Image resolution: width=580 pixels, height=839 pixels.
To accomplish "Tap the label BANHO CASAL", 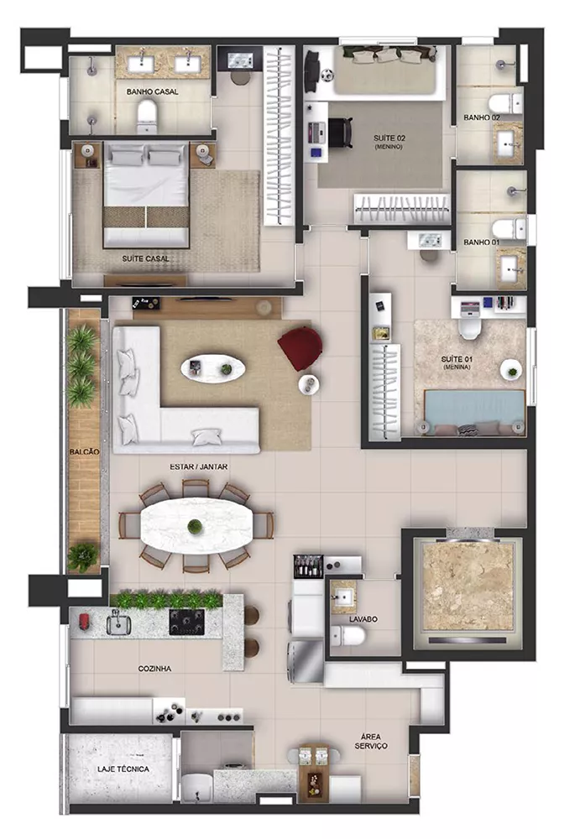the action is [153, 92].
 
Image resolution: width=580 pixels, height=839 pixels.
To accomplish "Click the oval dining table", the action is [196, 526].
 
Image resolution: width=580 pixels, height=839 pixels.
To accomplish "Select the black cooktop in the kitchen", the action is [187, 622].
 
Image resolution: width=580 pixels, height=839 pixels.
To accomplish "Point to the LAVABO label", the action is [363, 619].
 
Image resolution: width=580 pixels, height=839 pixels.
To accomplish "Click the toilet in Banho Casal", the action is [146, 117].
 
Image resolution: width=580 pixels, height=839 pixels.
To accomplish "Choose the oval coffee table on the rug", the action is [213, 368].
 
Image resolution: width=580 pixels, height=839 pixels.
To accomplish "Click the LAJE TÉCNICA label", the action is [123, 769].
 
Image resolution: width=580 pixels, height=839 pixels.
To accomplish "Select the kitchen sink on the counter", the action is [119, 623].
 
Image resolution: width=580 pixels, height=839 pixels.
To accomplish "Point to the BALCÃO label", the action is [84, 452].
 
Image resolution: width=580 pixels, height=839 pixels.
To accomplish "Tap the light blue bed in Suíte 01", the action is [474, 412].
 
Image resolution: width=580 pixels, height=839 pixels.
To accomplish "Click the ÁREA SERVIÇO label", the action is [371, 742].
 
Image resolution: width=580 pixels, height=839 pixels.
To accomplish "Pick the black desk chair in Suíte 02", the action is [341, 133].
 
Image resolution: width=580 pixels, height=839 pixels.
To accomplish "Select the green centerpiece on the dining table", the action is [196, 527].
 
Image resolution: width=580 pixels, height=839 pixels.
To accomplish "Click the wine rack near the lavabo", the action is [309, 565].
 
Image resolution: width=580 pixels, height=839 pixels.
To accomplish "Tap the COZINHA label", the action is [154, 669].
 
